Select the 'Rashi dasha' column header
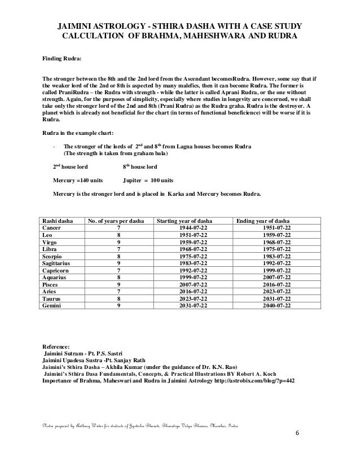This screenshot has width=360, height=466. point(58,221)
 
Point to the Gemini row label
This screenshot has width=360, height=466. point(54,305)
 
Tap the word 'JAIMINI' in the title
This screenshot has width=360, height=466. point(79,27)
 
